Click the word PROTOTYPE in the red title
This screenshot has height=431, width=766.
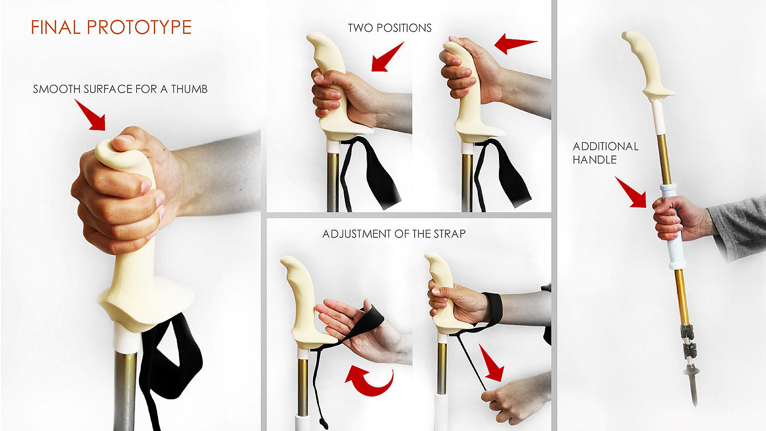coord(139,27)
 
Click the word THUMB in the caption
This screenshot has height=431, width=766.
coord(189,89)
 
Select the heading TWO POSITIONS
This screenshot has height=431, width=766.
coord(390,28)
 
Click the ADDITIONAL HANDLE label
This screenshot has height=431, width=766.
coord(606,153)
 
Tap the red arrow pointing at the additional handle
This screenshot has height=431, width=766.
coord(631,193)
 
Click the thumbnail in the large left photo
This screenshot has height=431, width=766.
coord(125,139)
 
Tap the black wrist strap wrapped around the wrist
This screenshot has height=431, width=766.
coord(493,308)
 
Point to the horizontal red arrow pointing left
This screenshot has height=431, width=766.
coord(515,44)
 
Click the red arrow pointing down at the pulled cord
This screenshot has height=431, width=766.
coord(492,364)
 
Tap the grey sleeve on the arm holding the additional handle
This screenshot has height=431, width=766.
coord(739,228)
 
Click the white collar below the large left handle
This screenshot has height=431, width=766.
coord(126,339)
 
